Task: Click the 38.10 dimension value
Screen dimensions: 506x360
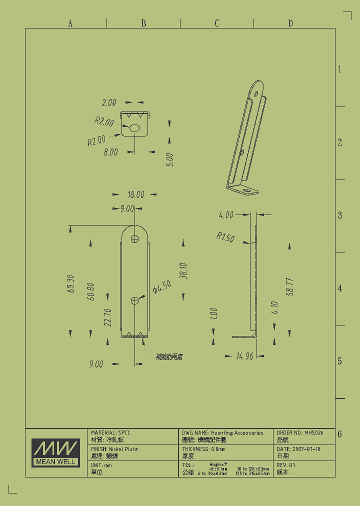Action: pos(183,270)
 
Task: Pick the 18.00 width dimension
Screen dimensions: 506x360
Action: pos(135,195)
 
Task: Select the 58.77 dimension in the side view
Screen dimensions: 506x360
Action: pos(289,287)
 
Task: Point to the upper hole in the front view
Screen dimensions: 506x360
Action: pos(135,239)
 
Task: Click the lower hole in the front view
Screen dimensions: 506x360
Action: pos(135,300)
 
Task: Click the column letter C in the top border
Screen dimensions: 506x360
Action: pos(217,23)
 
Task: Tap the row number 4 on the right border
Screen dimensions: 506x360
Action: pos(340,288)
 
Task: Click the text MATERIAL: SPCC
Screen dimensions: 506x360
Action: pos(111,432)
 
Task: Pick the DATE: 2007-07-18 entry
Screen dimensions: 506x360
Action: pos(298,449)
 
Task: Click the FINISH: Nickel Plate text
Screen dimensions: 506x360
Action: pos(114,449)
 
